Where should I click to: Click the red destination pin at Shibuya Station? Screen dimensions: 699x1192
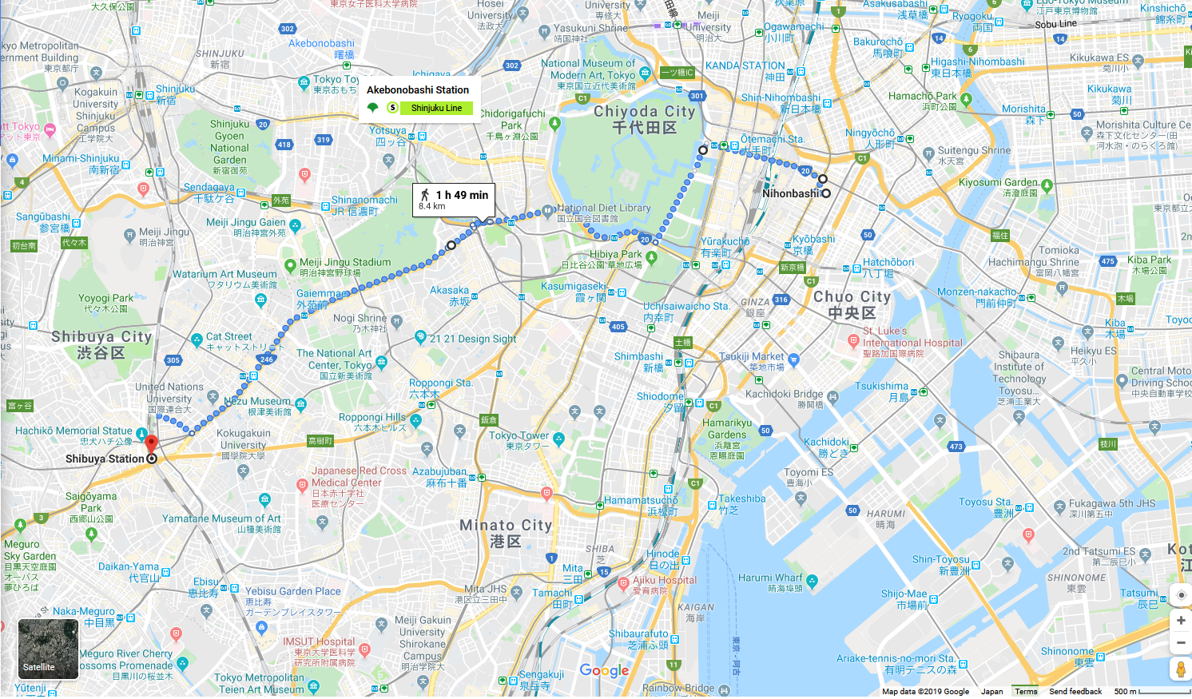(151, 443)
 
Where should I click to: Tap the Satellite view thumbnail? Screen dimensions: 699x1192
(48, 649)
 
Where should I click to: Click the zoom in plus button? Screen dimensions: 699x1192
(1180, 621)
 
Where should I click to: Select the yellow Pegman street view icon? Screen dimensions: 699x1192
(1180, 669)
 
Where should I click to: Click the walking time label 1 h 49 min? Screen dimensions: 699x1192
(461, 195)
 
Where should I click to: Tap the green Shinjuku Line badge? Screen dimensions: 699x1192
(436, 108)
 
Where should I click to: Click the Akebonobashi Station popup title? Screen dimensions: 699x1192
(418, 89)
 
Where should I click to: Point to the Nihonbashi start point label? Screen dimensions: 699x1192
(790, 193)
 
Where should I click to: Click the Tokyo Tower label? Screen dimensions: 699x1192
(519, 435)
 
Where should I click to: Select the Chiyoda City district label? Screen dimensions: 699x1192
(644, 112)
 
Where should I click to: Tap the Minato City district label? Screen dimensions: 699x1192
(505, 526)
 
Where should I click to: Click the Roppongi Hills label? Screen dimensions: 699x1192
(372, 417)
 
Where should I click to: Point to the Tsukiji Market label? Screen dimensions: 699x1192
(751, 356)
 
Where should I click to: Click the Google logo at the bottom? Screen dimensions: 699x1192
(604, 671)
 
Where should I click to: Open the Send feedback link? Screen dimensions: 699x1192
(1075, 692)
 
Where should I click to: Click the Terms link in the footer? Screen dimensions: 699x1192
(1026, 692)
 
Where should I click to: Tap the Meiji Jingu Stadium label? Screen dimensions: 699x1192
(345, 262)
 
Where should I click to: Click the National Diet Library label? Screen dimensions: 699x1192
(604, 208)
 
